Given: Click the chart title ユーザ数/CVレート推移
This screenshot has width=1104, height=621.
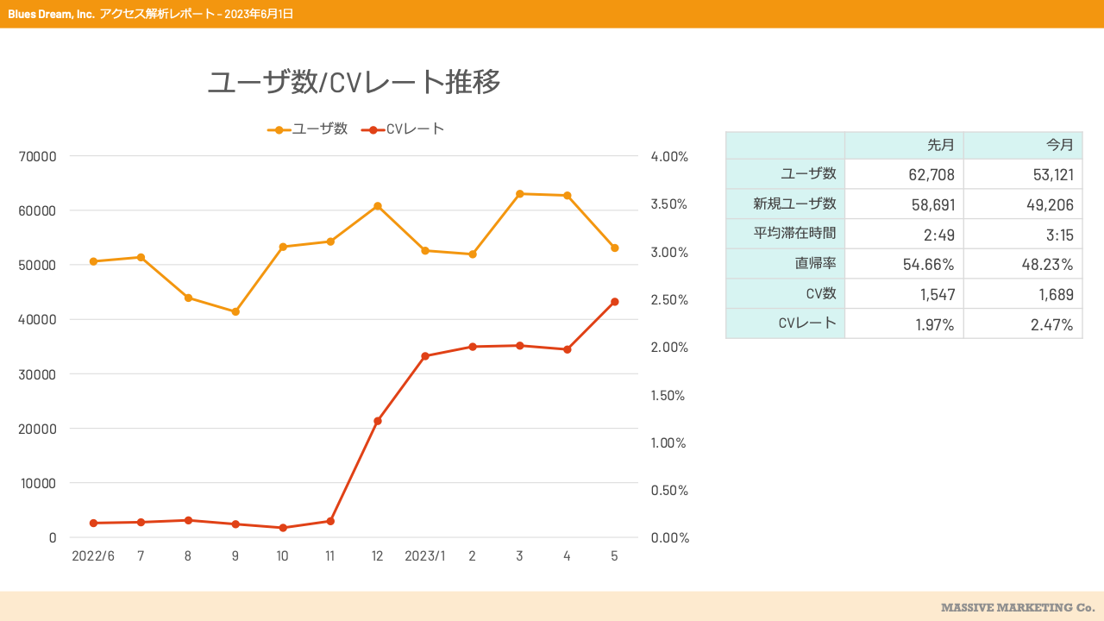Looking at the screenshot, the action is (354, 82).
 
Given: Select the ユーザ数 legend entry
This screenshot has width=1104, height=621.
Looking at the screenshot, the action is (308, 129).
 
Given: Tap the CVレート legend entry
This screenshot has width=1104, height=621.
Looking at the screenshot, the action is (403, 129).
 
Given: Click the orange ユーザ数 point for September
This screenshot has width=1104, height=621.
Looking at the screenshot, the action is (235, 311).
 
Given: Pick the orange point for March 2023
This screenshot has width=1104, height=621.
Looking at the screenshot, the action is (519, 194).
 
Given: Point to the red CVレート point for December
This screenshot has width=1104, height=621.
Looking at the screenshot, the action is (378, 421).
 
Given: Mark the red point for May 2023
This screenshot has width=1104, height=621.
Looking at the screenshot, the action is (615, 302).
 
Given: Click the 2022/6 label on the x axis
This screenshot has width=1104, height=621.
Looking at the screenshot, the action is (93, 556).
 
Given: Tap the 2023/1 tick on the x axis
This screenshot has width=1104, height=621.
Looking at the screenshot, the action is (425, 556).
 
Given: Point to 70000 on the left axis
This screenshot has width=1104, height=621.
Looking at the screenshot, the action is (37, 157).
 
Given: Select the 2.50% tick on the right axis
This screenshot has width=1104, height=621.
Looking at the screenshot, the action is (669, 299).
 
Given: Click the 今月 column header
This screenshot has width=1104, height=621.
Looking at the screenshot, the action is (1060, 145).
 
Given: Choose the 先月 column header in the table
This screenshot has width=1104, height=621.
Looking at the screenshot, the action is (941, 145).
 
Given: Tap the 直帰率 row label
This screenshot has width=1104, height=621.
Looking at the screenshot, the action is (815, 263).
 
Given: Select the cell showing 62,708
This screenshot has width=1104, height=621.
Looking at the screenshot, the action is (931, 174).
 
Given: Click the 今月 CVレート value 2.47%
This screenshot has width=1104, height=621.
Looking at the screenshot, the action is (1051, 325).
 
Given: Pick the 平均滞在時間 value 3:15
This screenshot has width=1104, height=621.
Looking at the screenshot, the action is (1060, 235).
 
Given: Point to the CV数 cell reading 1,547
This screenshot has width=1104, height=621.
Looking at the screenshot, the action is (938, 295).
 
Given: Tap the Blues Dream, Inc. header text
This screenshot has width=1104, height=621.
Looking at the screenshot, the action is (51, 15).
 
